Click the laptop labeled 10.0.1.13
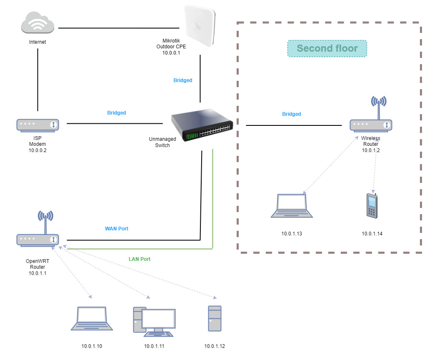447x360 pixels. (x=292, y=206)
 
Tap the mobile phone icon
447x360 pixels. (x=372, y=205)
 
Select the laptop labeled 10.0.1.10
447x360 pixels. (x=92, y=319)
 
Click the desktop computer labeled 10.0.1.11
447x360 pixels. (x=154, y=320)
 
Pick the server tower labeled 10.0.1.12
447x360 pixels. (x=215, y=319)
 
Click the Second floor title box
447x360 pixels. (x=327, y=48)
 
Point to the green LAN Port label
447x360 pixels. (x=140, y=259)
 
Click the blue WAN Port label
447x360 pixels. (x=117, y=229)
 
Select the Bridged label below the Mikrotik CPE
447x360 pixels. (x=183, y=80)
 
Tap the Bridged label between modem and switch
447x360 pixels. (x=117, y=113)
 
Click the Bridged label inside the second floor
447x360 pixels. (x=292, y=114)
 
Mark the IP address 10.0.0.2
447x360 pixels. (x=37, y=150)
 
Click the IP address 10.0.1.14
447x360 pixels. (x=372, y=234)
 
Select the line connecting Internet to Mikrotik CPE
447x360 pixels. (x=119, y=28)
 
